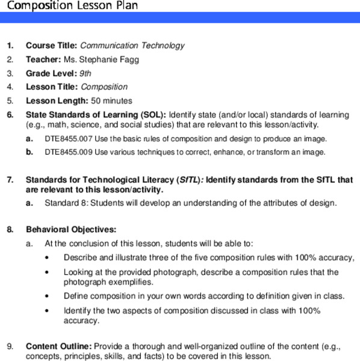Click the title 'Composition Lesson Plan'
pyautogui.click(x=69, y=6)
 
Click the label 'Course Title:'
pyautogui.click(x=51, y=46)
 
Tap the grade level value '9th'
pyautogui.click(x=85, y=73)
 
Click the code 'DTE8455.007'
pyautogui.click(x=68, y=139)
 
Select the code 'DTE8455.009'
pyautogui.click(x=68, y=152)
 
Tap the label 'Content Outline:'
pyautogui.click(x=58, y=347)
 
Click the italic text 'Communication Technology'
pyautogui.click(x=132, y=46)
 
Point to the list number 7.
pyautogui.click(x=10, y=180)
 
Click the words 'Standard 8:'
pyautogui.click(x=66, y=203)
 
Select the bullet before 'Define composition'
pyautogui.click(x=48, y=297)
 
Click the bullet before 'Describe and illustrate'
pyautogui.click(x=48, y=258)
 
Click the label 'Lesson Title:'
pyautogui.click(x=52, y=87)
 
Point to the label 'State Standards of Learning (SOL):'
pyautogui.click(x=96, y=115)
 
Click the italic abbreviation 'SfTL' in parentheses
pyautogui.click(x=187, y=180)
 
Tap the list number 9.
pyautogui.click(x=10, y=347)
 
